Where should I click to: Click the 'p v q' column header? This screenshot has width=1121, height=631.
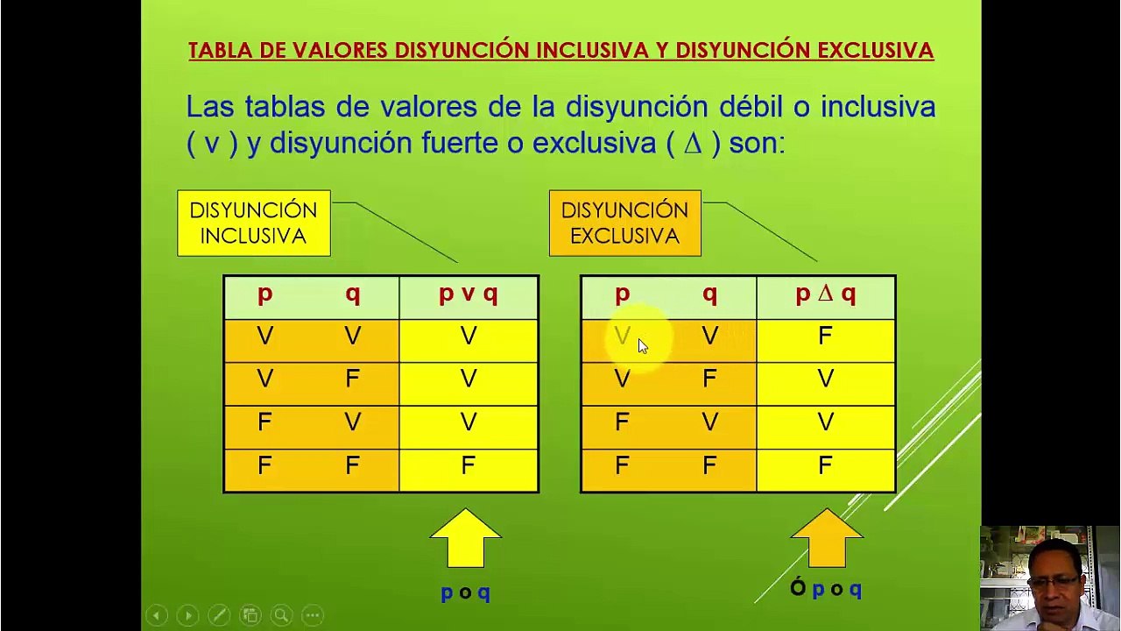coord(469,294)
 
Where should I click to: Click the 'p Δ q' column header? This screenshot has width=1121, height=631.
coord(826,294)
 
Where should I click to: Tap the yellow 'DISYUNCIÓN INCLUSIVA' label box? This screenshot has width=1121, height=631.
coord(254,223)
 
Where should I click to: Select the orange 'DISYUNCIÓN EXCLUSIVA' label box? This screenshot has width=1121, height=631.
coord(625,223)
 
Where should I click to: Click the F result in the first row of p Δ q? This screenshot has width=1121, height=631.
coord(825,336)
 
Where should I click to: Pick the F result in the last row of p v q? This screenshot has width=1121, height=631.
coord(468,465)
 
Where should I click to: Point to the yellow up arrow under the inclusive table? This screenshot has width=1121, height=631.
coord(465,538)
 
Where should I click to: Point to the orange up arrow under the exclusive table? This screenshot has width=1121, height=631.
coord(827,538)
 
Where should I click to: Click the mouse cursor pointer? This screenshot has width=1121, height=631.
coord(643,346)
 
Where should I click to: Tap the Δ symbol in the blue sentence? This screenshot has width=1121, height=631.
coord(694,144)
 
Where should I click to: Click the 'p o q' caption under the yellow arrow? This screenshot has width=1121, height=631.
coord(465,593)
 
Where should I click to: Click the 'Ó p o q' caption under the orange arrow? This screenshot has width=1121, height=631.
coord(826,588)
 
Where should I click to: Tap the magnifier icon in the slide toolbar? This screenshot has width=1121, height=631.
coord(281,615)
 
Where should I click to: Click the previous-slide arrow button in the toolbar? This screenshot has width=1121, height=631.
coord(157,615)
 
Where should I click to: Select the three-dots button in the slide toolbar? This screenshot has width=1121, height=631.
coord(313,615)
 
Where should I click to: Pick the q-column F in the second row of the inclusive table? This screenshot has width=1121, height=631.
coord(352,379)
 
